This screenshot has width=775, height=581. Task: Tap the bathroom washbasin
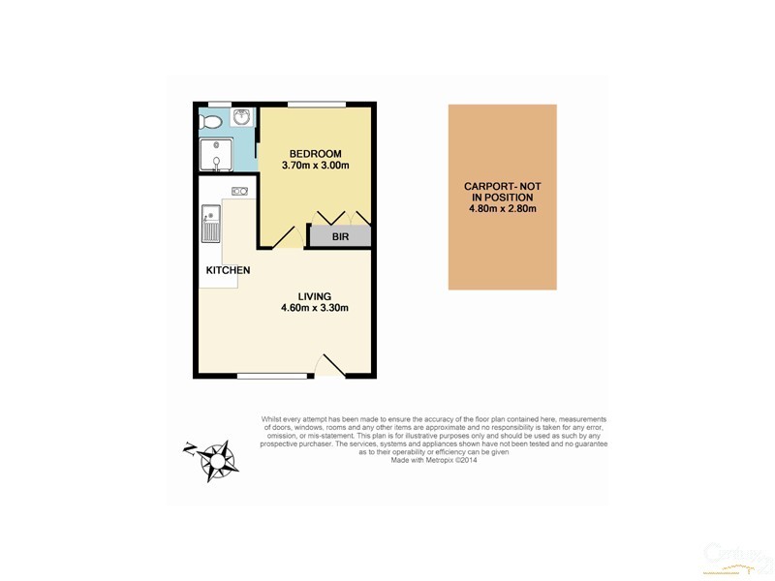[x=240, y=118]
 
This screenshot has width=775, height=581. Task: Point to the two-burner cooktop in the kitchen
[x=239, y=192]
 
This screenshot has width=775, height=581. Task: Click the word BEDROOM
[x=315, y=154]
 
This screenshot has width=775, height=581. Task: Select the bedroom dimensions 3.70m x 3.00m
[x=315, y=167]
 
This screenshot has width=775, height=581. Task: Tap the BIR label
[x=340, y=236]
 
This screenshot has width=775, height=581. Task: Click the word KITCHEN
[x=229, y=270]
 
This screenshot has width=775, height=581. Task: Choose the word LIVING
[x=315, y=296]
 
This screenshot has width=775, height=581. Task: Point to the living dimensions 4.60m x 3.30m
[x=315, y=309]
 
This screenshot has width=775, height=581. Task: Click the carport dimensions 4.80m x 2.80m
[x=502, y=208]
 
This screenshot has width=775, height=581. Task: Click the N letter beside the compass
[x=189, y=447]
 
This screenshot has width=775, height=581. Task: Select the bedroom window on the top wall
[x=317, y=104]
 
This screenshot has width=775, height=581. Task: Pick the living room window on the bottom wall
[x=265, y=375]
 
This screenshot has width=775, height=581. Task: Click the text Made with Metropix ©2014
[x=434, y=461]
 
